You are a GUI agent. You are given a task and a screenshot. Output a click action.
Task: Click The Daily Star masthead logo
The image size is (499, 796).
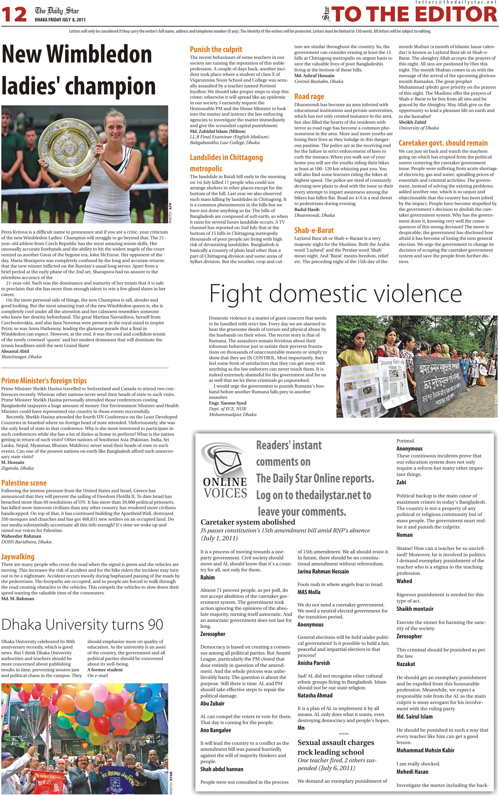click(57, 11)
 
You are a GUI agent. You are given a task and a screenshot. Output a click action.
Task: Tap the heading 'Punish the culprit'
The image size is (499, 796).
click(216, 49)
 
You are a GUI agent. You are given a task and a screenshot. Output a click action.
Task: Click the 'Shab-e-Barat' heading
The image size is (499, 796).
click(314, 230)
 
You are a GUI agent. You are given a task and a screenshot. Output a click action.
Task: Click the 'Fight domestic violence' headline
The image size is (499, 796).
click(335, 293)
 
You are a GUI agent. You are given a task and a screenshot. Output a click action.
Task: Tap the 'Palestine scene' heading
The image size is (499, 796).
click(24, 483)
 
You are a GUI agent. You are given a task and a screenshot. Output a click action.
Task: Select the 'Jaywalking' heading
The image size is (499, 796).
click(18, 557)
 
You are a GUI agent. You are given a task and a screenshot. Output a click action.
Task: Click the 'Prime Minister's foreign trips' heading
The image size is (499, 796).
click(44, 381)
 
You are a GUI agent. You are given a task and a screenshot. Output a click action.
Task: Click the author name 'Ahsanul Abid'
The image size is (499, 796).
click(15, 351)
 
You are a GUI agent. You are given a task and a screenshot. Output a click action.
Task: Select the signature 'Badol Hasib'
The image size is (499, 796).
click(307, 209)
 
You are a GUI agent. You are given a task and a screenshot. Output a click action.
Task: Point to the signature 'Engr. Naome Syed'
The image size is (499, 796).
click(227, 403)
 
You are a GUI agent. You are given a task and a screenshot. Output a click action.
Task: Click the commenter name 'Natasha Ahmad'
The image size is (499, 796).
click(315, 695)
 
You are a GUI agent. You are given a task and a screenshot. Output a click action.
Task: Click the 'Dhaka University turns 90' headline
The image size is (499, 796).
click(82, 624)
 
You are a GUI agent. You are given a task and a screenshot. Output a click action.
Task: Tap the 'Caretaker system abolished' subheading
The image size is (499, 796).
click(247, 522)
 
